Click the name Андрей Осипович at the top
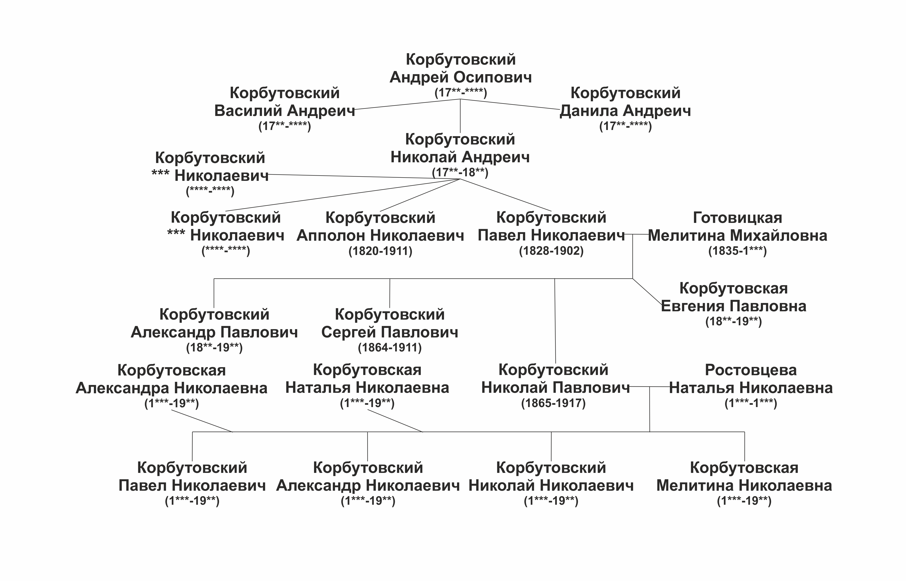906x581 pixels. (460, 77)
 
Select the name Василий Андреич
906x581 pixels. (285, 111)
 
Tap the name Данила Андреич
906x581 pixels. (625, 111)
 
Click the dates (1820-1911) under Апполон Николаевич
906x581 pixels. (380, 251)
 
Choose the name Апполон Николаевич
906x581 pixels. (380, 236)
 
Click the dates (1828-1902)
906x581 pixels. (551, 251)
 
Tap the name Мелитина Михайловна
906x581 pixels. (738, 236)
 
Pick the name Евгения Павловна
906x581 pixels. (733, 306)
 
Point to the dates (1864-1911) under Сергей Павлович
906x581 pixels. (390, 347)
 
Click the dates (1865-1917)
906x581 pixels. (553, 403)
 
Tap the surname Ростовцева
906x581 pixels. (751, 370)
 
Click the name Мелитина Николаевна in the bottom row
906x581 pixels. (744, 485)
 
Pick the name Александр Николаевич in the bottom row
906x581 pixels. (368, 485)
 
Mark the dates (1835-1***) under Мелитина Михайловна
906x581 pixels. (738, 251)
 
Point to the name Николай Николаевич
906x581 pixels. (551, 485)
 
